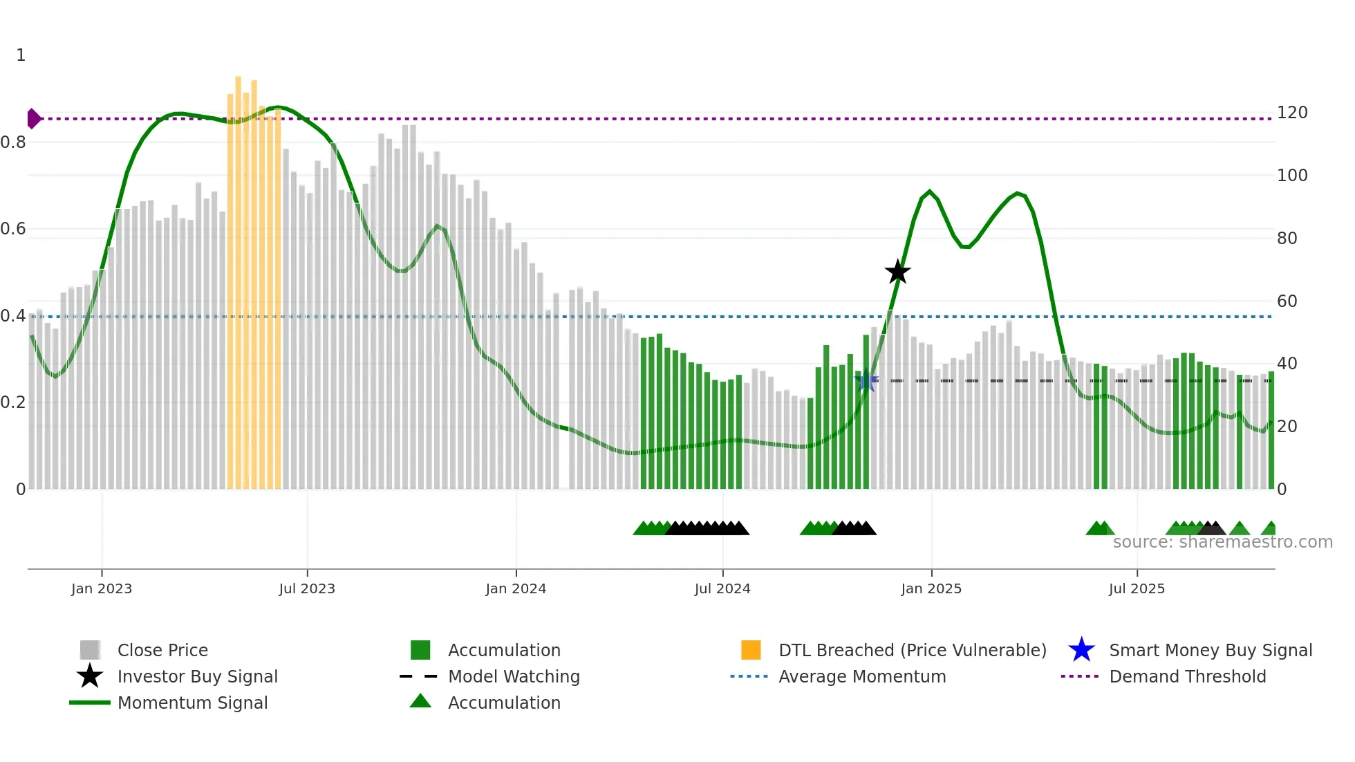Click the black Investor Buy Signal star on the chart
click(x=897, y=272)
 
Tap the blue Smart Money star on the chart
click(x=866, y=380)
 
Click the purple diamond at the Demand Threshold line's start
click(x=32, y=119)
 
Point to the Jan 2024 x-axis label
click(x=516, y=588)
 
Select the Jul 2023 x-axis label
click(x=307, y=588)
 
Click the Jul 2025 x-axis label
click(x=1137, y=588)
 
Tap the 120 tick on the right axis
click(x=1291, y=113)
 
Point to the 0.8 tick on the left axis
click(x=14, y=142)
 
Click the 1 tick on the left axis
click(x=21, y=55)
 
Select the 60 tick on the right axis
click(x=1287, y=301)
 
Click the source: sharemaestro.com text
click(x=1222, y=542)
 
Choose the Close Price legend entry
click(x=162, y=650)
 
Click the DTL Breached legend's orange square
click(x=751, y=650)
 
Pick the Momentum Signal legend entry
click(x=192, y=703)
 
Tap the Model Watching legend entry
click(x=514, y=676)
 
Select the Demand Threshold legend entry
click(x=1187, y=676)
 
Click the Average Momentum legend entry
click(x=862, y=676)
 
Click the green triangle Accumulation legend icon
click(x=420, y=701)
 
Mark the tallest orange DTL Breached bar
click(x=238, y=277)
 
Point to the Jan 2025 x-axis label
click(x=931, y=588)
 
